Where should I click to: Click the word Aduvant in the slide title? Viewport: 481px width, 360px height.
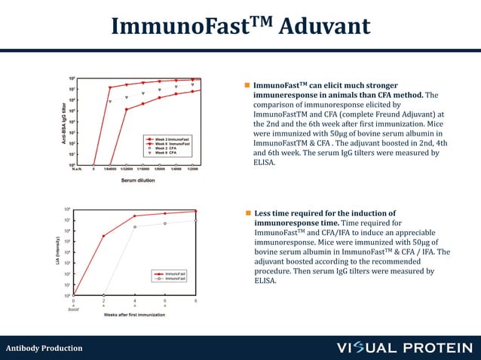(326, 27)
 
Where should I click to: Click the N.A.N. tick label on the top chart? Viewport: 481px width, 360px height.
(76, 169)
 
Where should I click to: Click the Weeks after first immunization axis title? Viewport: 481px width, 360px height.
(134, 315)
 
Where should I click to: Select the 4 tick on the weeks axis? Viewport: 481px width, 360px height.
(134, 301)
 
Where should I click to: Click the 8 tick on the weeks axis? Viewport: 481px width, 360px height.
(196, 301)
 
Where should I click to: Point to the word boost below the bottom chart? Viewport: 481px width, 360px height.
(73, 310)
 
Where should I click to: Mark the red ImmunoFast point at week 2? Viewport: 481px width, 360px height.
(103, 236)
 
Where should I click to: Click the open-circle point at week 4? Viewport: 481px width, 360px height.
(135, 227)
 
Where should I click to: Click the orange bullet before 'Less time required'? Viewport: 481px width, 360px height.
(247, 213)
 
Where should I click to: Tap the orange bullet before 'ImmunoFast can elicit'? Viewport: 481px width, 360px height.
(247, 86)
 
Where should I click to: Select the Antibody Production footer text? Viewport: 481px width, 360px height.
(44, 348)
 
